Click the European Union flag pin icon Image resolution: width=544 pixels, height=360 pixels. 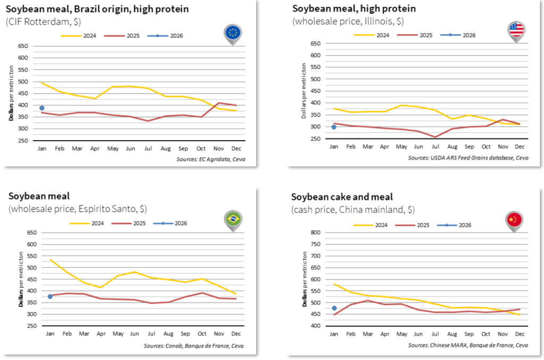[x=232, y=32]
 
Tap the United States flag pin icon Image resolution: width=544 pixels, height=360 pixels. [x=516, y=30]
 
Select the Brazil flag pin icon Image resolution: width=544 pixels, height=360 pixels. [x=233, y=218]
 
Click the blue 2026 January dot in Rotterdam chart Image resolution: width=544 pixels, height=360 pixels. [x=42, y=108]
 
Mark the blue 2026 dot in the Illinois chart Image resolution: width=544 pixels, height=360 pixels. [x=334, y=127]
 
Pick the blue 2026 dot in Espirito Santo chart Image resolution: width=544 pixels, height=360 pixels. [x=50, y=296]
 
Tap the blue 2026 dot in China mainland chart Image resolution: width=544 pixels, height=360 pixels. [x=334, y=308]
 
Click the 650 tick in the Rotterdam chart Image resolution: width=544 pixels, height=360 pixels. [x=23, y=46]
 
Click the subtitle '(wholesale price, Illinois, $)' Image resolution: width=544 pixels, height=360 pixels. [x=347, y=21]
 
